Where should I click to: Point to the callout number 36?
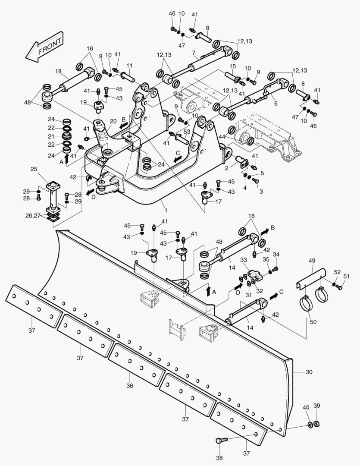(x=129, y=386)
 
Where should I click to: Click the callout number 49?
(x=312, y=261)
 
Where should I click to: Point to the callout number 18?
(x=59, y=72)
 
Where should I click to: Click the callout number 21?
(x=51, y=136)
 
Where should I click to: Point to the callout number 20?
(x=113, y=121)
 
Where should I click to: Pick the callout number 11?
(x=129, y=65)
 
